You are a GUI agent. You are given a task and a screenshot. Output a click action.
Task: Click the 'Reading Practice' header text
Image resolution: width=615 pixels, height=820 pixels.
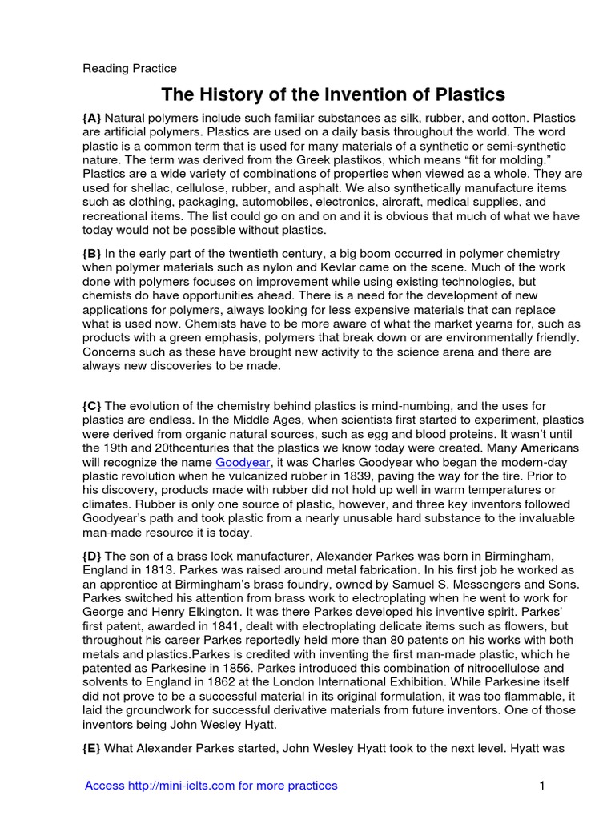click(x=130, y=68)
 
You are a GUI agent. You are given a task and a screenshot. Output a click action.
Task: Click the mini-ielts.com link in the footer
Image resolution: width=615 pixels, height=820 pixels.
click(x=211, y=786)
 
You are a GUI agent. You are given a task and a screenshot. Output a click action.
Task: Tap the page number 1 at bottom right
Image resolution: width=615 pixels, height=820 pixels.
click(x=542, y=786)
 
